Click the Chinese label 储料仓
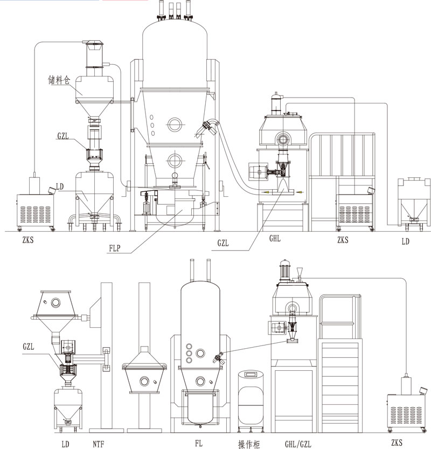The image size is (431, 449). tap(59, 80)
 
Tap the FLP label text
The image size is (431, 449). tap(115, 248)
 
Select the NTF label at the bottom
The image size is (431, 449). tap(98, 444)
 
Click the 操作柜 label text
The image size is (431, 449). tap(249, 444)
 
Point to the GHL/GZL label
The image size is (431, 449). tap(298, 444)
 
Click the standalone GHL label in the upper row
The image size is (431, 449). tap(275, 238)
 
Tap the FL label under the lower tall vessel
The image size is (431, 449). tap(199, 443)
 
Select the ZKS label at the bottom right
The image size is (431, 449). tap(397, 443)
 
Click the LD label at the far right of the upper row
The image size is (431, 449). tap(406, 241)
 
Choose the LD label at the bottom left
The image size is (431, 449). tap(66, 444)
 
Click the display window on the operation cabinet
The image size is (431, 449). tap(251, 374)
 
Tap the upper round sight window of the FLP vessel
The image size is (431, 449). tap(175, 125)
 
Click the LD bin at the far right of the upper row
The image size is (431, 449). tap(414, 204)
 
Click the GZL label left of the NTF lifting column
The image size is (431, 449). tap(29, 347)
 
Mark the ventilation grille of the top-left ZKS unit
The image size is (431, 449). tap(36, 214)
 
